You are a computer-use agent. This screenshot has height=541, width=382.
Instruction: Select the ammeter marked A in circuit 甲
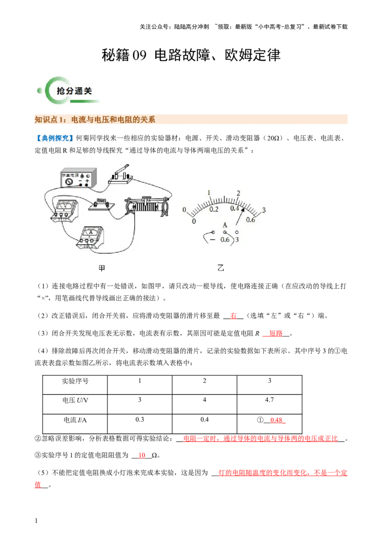click(x=90, y=236)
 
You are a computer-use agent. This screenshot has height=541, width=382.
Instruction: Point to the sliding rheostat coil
click(x=145, y=207)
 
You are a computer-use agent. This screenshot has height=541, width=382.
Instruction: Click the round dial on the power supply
click(x=69, y=182)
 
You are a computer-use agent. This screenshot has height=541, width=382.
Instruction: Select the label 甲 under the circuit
click(x=102, y=268)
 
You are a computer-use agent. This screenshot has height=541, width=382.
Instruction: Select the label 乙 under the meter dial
click(x=221, y=268)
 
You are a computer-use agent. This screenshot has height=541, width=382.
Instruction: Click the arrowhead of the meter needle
click(x=244, y=209)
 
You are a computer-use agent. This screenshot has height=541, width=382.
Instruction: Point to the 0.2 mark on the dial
click(x=214, y=210)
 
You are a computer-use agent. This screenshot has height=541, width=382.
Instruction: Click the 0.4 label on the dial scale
click(x=235, y=209)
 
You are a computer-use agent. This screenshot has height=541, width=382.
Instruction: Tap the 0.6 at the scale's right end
click(x=251, y=220)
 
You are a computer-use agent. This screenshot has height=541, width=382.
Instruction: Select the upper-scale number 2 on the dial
click(x=238, y=194)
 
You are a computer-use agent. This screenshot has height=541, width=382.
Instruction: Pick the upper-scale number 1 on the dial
click(x=209, y=193)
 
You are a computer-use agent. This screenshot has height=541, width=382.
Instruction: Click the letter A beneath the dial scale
click(x=225, y=225)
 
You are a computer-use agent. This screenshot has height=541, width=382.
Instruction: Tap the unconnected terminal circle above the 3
click(x=237, y=232)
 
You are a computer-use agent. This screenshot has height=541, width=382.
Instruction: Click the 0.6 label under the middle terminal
click(x=225, y=239)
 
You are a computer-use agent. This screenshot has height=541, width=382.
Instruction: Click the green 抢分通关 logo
click(x=69, y=90)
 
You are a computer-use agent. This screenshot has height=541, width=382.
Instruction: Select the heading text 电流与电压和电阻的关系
click(x=113, y=119)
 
